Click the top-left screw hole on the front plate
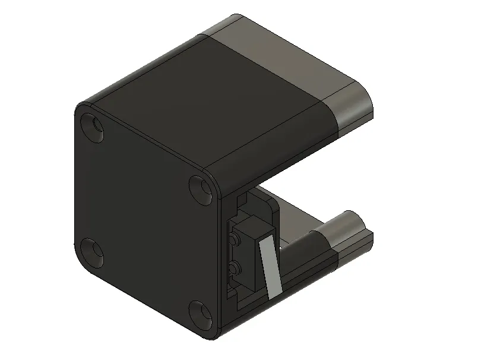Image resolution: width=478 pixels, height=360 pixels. pyautogui.click(x=91, y=127)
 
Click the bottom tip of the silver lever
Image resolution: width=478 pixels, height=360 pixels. pyautogui.click(x=274, y=291)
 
